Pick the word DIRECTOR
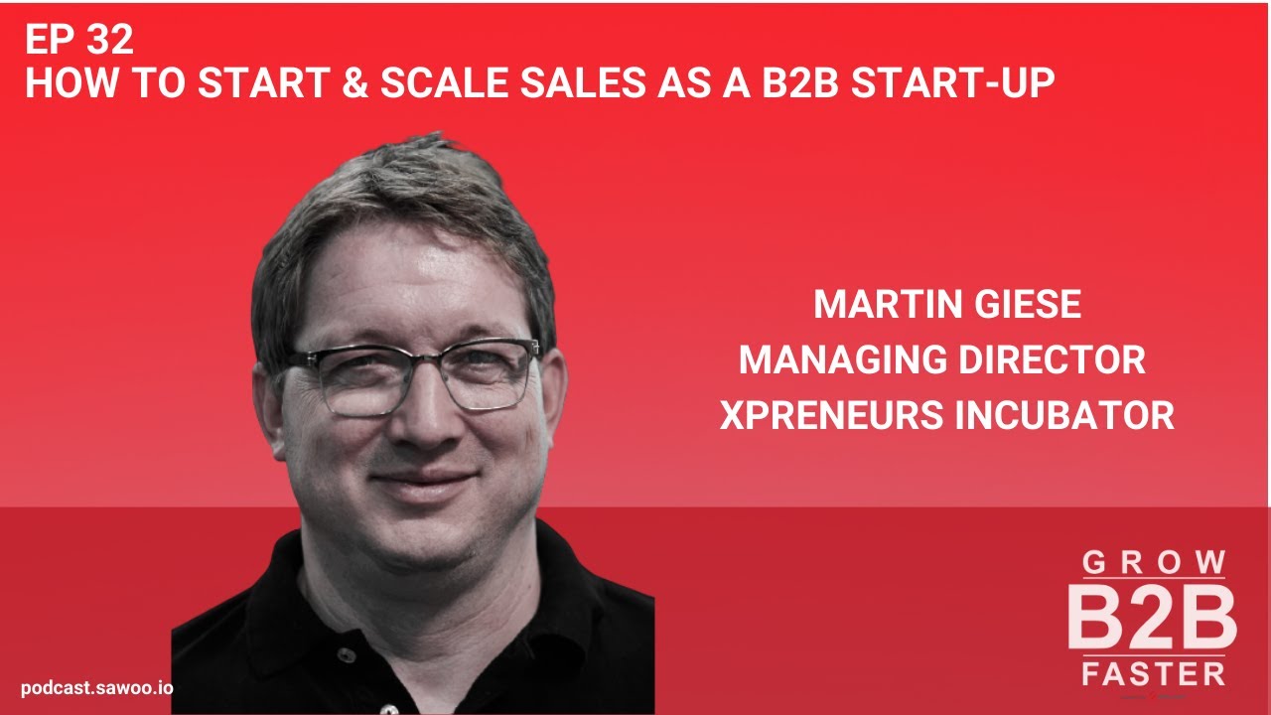tap(1055, 360)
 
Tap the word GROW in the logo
tap(1153, 563)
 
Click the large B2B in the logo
tap(1152, 617)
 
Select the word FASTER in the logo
tap(1153, 674)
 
